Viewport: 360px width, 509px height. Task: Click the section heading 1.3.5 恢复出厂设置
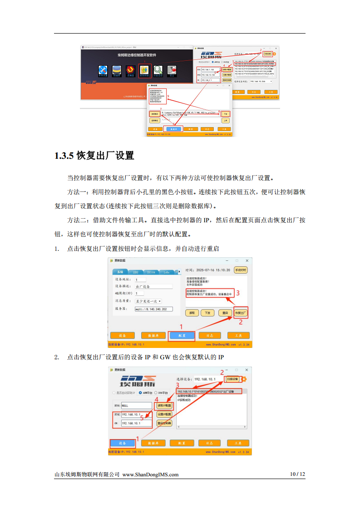[x=94, y=156]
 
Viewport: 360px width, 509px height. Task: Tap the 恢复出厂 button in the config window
[x=241, y=313]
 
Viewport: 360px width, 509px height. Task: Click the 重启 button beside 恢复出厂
[x=223, y=313]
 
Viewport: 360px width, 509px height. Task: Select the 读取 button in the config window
[x=192, y=313]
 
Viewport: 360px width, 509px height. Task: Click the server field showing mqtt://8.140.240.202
[x=154, y=309]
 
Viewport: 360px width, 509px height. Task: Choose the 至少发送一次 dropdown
[x=148, y=301]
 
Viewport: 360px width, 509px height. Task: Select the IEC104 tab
[x=150, y=272]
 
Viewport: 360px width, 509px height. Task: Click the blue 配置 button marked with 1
[x=182, y=335]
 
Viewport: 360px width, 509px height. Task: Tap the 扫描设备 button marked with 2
[x=232, y=379]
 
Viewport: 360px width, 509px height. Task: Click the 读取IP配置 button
[x=164, y=405]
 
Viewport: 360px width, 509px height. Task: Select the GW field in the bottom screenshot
[x=137, y=423]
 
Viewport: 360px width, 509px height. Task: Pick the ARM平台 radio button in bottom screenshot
[x=141, y=393]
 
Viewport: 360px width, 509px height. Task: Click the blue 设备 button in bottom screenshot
[x=122, y=443]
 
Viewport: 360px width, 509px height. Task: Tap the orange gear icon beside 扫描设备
[x=244, y=379]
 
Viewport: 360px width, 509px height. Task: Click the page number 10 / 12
[x=297, y=475]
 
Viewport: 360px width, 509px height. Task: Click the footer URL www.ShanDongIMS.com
[x=151, y=475]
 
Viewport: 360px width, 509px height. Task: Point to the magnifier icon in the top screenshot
[x=158, y=70]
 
